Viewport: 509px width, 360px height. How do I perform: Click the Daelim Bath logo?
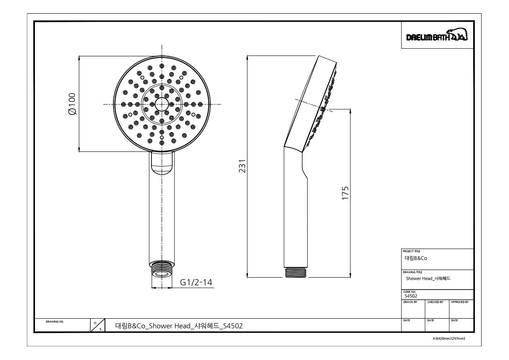[437, 35]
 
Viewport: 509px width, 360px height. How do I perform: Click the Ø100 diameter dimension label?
[73, 104]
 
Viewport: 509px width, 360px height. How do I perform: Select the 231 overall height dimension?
[242, 166]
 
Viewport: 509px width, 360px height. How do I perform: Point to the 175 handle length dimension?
[345, 193]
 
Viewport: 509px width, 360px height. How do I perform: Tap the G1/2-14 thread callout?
[196, 282]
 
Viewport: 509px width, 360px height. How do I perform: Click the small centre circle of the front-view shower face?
[162, 104]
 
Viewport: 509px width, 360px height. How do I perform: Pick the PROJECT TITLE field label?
[411, 251]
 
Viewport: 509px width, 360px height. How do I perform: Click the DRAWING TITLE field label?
[412, 273]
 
